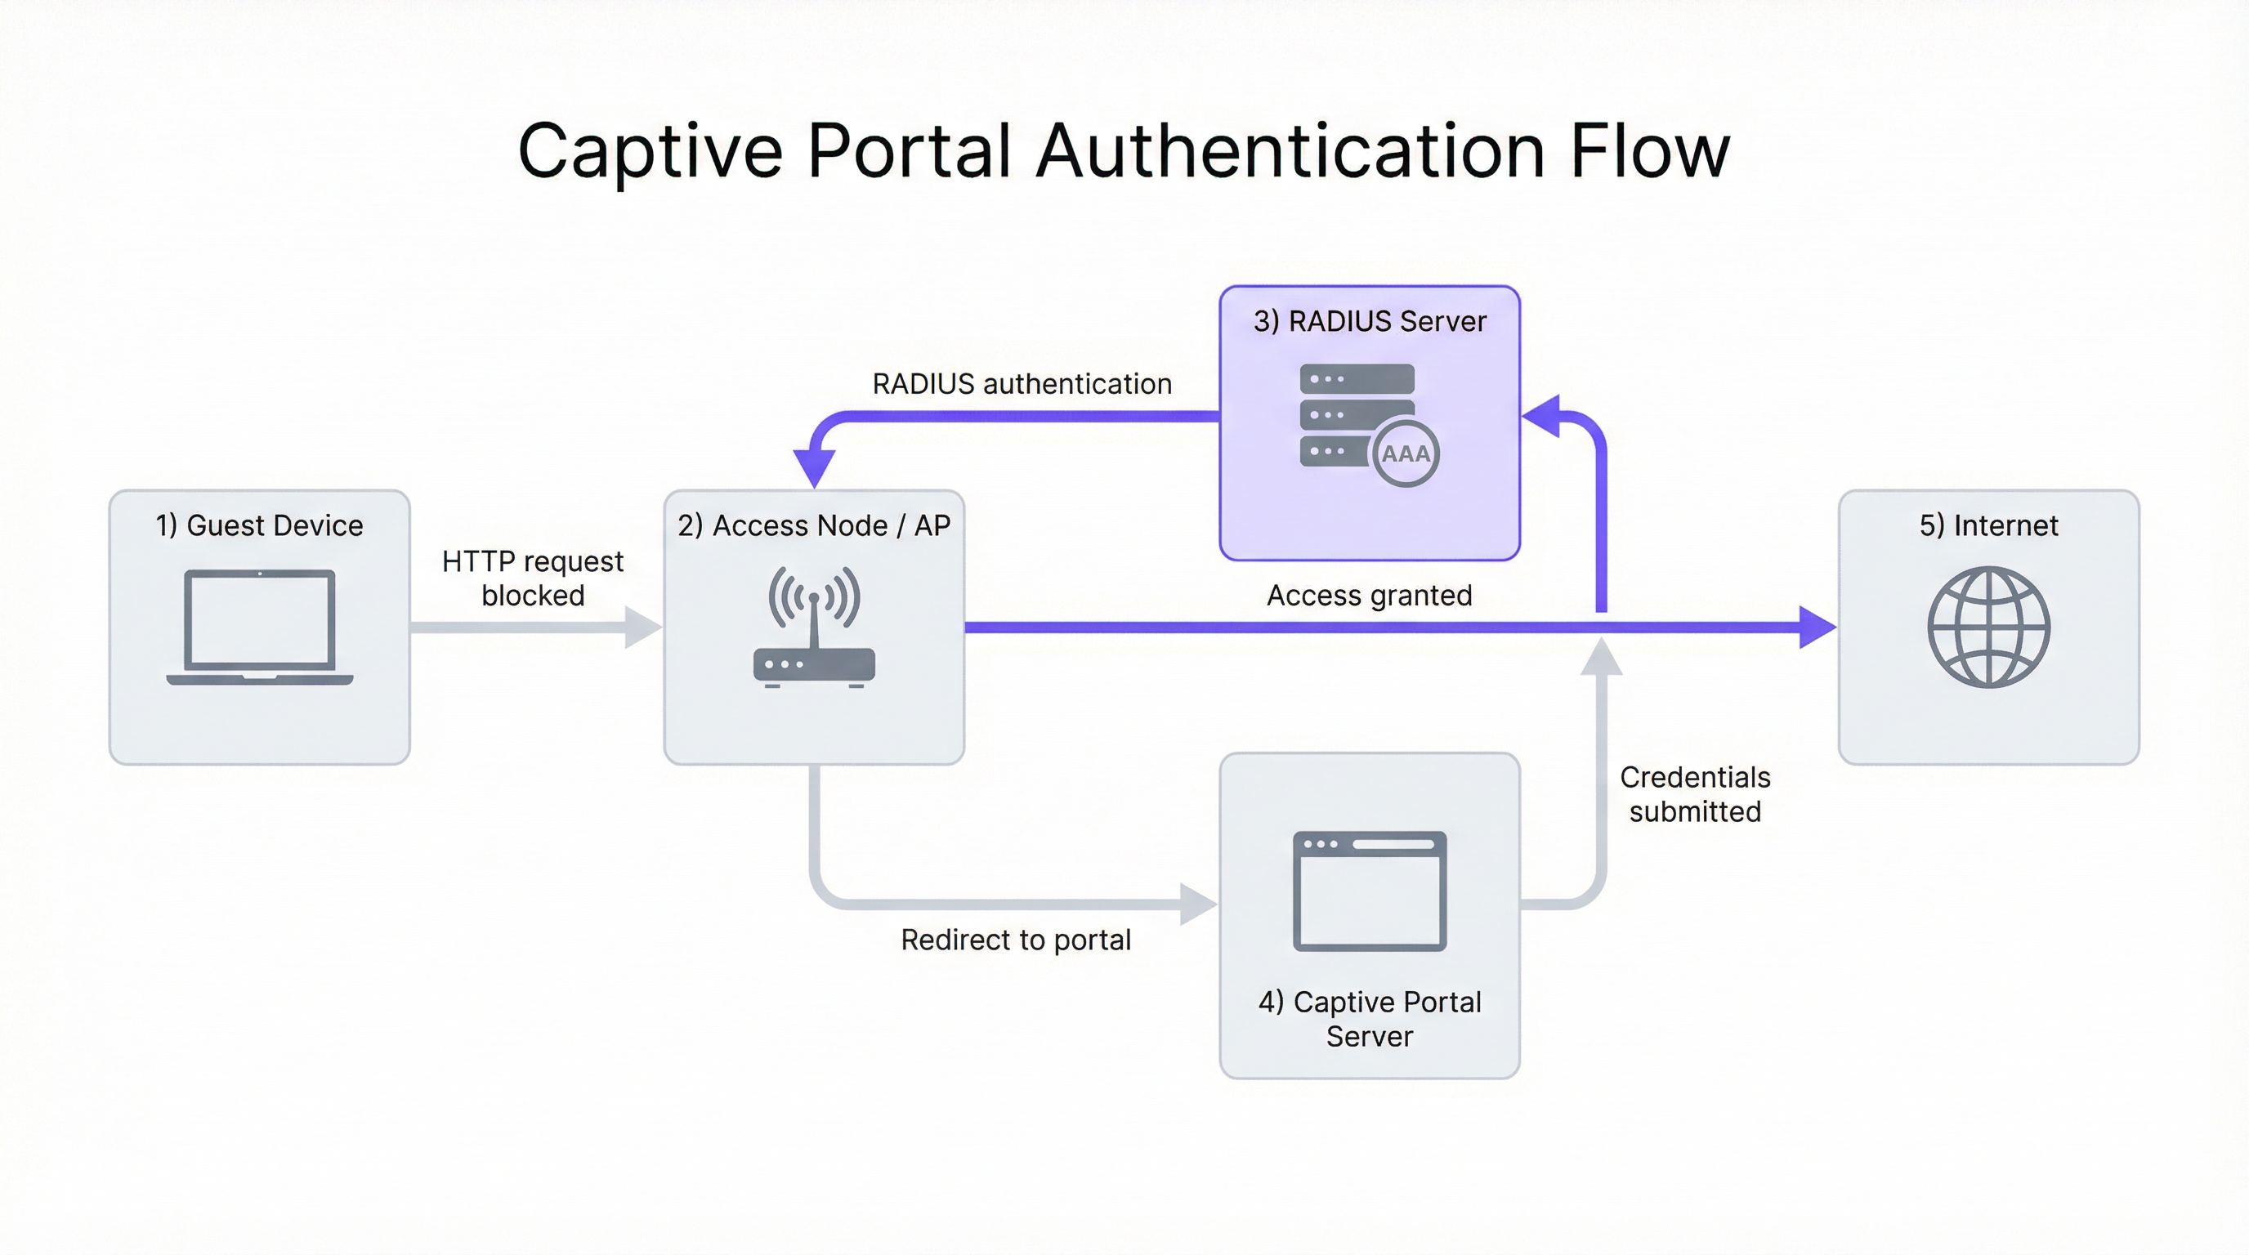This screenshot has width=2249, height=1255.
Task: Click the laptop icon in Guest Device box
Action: click(x=259, y=627)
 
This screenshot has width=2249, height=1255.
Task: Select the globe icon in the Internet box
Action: click(x=1988, y=627)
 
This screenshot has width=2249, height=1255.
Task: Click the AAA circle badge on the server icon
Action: click(x=1405, y=453)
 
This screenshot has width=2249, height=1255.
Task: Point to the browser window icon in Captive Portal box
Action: click(x=1369, y=891)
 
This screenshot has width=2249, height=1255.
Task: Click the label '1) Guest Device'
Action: click(x=259, y=525)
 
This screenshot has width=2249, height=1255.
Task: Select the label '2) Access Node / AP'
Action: click(x=814, y=525)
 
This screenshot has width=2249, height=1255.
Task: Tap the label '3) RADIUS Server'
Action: click(x=1369, y=321)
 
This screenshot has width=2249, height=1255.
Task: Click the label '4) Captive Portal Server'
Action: click(x=1369, y=1019)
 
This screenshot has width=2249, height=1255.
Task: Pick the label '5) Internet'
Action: click(x=1988, y=525)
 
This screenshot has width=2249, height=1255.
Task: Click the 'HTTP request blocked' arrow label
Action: click(x=533, y=578)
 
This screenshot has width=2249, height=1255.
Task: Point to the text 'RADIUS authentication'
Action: click(x=1022, y=384)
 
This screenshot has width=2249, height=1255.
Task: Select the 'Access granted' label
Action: click(x=1369, y=595)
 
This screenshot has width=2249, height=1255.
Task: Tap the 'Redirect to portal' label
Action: click(x=1015, y=940)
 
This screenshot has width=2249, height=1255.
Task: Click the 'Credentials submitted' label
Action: click(x=1694, y=794)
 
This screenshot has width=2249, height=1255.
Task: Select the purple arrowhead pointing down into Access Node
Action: click(x=814, y=467)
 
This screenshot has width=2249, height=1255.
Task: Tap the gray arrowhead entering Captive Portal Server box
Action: click(x=1198, y=904)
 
